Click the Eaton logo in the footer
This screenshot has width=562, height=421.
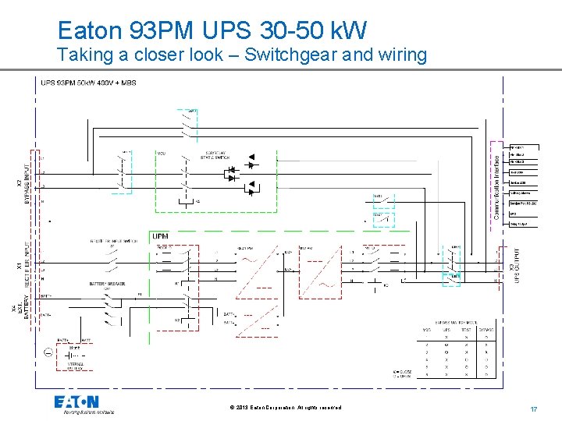[x=76, y=403]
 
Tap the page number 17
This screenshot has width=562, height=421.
[x=533, y=409]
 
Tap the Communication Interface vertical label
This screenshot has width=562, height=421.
[x=497, y=180]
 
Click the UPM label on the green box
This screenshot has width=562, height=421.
[x=159, y=236]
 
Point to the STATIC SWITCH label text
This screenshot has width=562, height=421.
[x=216, y=154]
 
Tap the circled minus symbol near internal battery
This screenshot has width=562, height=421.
[x=48, y=353]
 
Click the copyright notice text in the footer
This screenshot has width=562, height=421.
[x=286, y=408]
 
